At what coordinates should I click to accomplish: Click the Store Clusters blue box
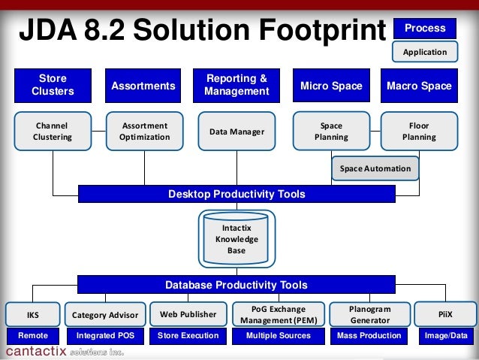(x=53, y=86)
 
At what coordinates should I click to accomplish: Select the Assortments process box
(x=143, y=86)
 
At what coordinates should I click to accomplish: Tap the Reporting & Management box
(x=236, y=86)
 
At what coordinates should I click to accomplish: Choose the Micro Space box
(x=331, y=86)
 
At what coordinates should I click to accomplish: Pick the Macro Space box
(x=419, y=86)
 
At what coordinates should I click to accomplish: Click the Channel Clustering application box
(x=53, y=132)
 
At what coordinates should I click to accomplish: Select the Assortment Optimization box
(x=144, y=132)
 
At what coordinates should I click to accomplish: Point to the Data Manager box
(x=236, y=132)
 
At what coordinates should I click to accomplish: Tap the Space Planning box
(x=331, y=132)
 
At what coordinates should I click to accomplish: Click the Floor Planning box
(x=419, y=132)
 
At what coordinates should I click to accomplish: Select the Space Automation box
(x=375, y=168)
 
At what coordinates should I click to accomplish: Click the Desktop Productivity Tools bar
(x=236, y=194)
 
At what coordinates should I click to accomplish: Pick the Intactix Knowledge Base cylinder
(x=236, y=237)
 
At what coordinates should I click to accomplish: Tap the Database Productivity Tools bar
(x=236, y=285)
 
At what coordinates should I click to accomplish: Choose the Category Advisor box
(x=105, y=315)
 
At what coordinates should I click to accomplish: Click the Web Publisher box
(x=188, y=314)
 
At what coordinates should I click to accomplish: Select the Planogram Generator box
(x=369, y=314)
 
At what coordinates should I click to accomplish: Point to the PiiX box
(x=445, y=314)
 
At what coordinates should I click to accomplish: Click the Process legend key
(x=425, y=29)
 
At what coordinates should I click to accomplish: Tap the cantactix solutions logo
(x=65, y=352)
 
